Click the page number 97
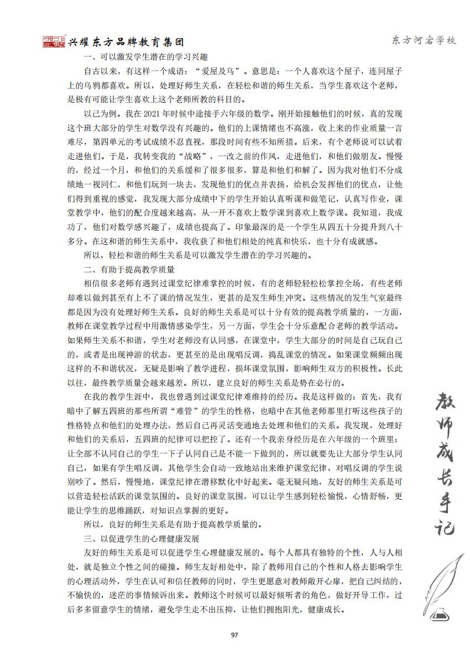coord(234,634)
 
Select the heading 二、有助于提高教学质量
coord(129,270)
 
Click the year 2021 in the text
coord(152,114)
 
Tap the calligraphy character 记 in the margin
coord(440,525)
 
